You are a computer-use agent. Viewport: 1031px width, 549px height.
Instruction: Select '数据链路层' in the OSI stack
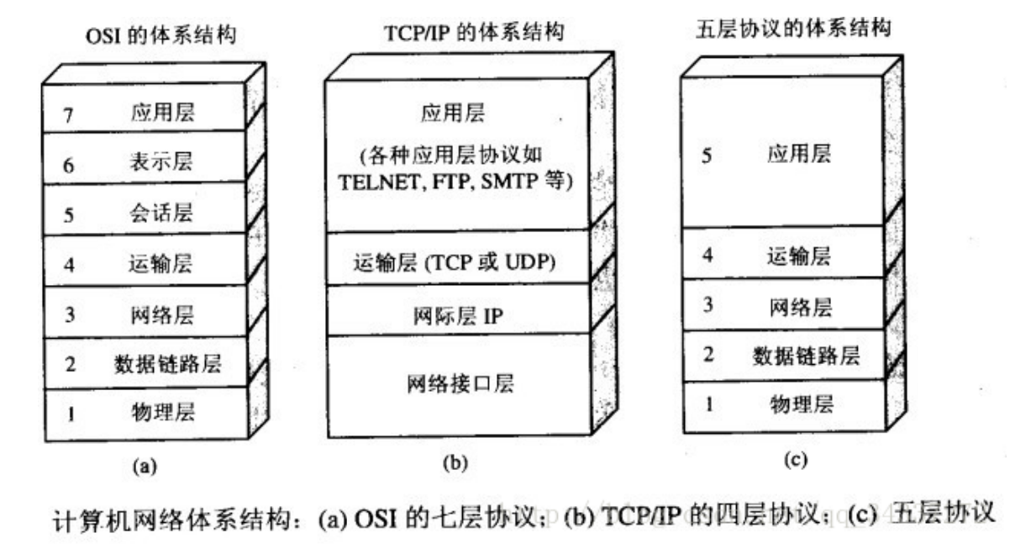pos(168,363)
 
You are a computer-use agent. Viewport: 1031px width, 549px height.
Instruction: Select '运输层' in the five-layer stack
pos(799,256)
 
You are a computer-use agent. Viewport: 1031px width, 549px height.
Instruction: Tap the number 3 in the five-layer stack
pos(707,306)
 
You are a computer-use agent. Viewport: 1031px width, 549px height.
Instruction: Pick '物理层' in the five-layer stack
pos(799,404)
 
